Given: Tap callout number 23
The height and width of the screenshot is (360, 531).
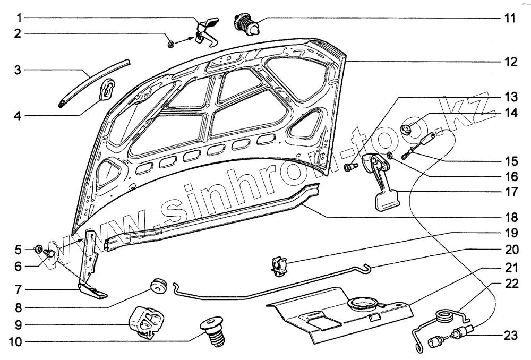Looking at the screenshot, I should click(x=509, y=335).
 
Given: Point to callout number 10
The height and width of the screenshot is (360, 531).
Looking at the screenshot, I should click(x=16, y=342).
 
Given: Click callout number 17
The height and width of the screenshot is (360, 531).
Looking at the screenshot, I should click(x=509, y=192).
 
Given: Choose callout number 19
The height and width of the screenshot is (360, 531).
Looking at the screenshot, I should click(x=509, y=232).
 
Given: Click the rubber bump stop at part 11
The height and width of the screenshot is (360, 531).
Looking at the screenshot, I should click(x=246, y=24).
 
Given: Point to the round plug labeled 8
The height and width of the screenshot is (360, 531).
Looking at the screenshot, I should click(x=158, y=285).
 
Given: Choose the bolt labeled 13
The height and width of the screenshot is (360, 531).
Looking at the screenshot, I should click(x=349, y=167).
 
